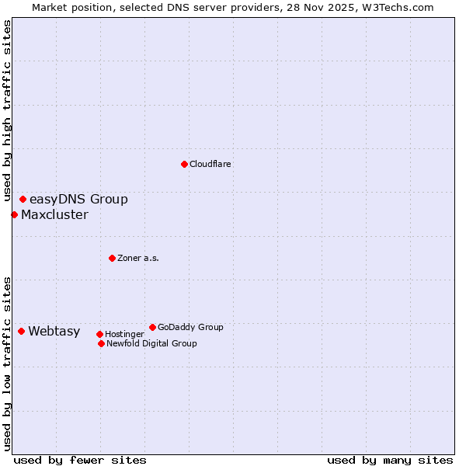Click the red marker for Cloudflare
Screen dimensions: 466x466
(x=184, y=164)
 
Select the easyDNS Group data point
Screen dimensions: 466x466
(x=23, y=200)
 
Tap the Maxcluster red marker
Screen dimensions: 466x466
(x=14, y=214)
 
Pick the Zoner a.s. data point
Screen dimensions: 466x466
(x=112, y=258)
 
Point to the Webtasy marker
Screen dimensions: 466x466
(x=21, y=332)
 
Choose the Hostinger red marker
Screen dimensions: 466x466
(x=99, y=335)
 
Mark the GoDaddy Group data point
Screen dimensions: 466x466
(x=152, y=327)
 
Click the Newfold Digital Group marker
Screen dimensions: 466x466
(x=101, y=343)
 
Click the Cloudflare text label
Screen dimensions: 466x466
(x=210, y=164)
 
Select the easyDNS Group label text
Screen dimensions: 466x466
(x=78, y=200)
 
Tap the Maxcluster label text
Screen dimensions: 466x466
(x=54, y=215)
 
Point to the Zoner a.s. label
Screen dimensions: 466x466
(x=138, y=258)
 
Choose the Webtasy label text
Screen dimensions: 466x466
(x=54, y=332)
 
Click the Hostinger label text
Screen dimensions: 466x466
(x=124, y=335)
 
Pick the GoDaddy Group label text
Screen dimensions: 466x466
(x=190, y=327)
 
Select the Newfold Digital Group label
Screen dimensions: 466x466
(x=151, y=343)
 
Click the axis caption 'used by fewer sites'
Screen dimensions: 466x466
(x=80, y=460)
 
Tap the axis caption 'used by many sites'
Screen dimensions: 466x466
(x=390, y=460)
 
